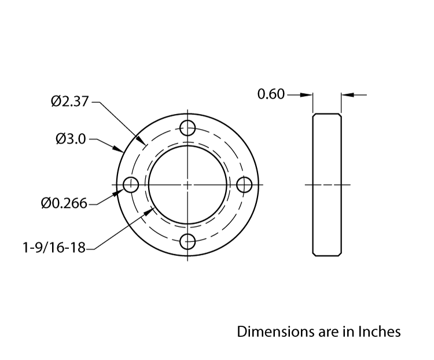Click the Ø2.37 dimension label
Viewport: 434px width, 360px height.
69,102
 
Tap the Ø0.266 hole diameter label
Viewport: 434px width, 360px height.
64,203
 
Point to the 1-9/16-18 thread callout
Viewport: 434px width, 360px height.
54,248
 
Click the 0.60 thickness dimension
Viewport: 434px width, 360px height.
271,94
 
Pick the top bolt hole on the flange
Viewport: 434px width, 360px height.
188,127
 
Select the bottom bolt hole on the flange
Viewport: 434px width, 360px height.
188,242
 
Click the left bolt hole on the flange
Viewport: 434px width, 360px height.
131,185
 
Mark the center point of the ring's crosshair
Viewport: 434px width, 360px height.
188,185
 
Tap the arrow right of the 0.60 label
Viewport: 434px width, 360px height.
308,94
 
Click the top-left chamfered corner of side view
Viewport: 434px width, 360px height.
314,115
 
